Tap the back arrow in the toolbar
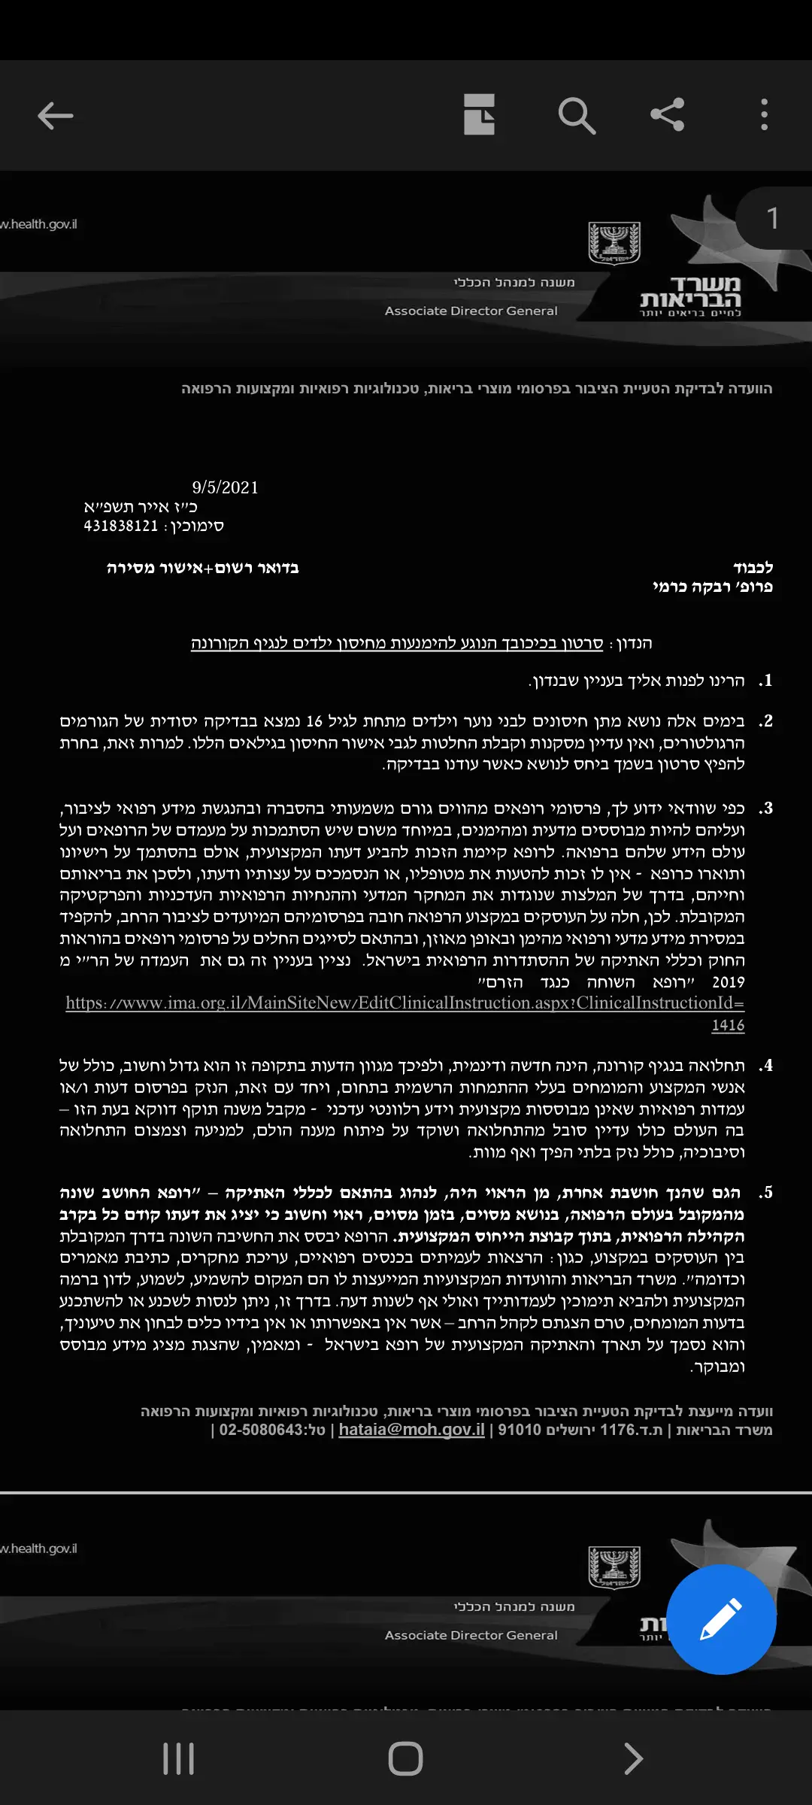pyautogui.click(x=56, y=116)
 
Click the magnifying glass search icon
pyautogui.click(x=577, y=116)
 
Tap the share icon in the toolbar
pyautogui.click(x=668, y=115)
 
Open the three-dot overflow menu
pyautogui.click(x=764, y=115)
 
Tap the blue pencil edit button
pyautogui.click(x=721, y=1619)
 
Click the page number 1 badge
pyautogui.click(x=773, y=219)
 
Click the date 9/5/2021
pyautogui.click(x=225, y=487)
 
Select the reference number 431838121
pyautogui.click(x=121, y=526)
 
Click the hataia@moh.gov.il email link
pyautogui.click(x=411, y=1430)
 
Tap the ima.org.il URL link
pyautogui.click(x=404, y=1003)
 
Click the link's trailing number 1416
pyautogui.click(x=728, y=1025)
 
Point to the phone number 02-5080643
pyautogui.click(x=262, y=1430)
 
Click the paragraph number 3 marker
pyautogui.click(x=765, y=808)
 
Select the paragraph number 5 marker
pyautogui.click(x=765, y=1193)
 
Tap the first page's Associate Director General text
pyautogui.click(x=471, y=311)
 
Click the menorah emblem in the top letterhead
pyautogui.click(x=614, y=243)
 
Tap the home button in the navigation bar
pyautogui.click(x=405, y=1759)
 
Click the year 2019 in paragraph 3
pyautogui.click(x=728, y=982)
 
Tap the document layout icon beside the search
pyautogui.click(x=479, y=115)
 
